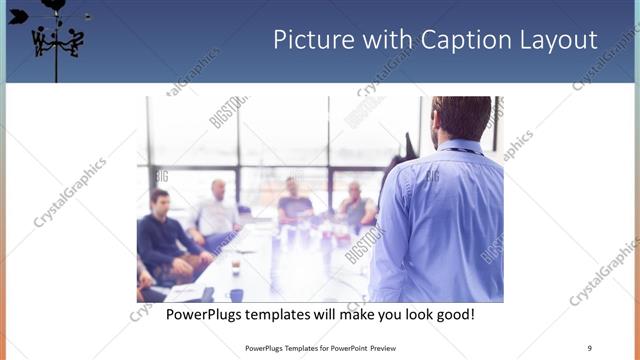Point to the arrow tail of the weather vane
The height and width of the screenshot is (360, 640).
point(17,16)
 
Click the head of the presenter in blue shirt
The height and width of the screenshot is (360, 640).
point(462,118)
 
